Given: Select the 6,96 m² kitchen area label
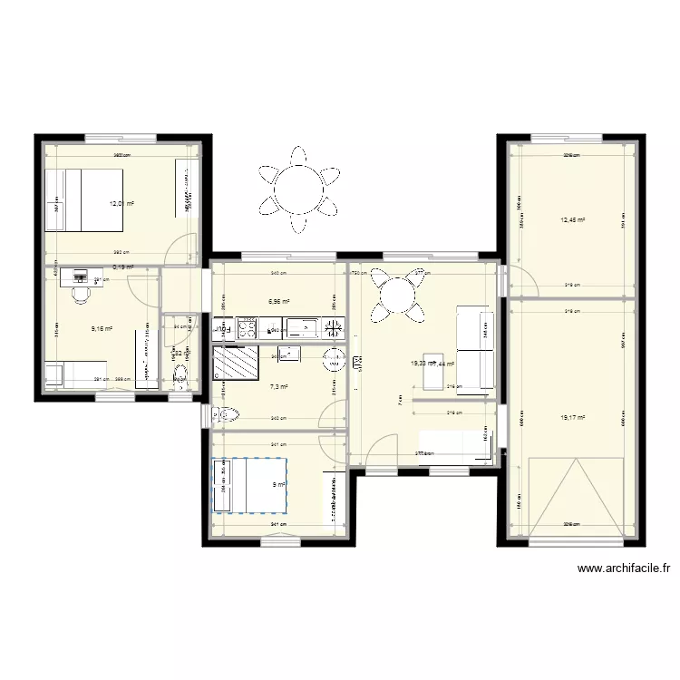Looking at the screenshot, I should [278, 302].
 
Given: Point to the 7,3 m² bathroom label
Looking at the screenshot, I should [278, 387].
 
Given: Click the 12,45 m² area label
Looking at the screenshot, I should [572, 219].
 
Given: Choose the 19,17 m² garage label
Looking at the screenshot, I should [572, 418].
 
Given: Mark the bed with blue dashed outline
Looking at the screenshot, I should [250, 485].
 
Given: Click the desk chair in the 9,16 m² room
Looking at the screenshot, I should [81, 294].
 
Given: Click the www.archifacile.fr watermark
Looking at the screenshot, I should [624, 569].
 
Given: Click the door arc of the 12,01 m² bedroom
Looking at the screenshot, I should [187, 248].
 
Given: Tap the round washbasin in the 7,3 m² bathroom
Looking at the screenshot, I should [333, 358].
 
